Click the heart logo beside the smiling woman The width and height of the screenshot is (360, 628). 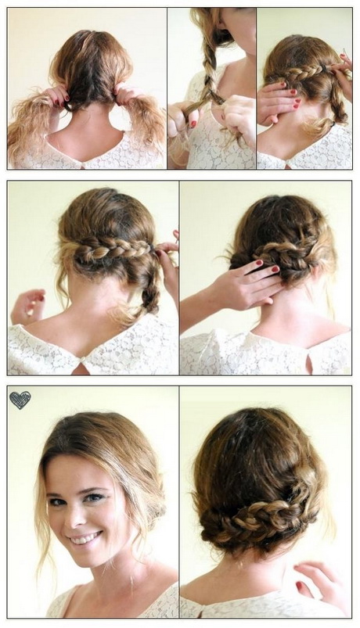click(20, 400)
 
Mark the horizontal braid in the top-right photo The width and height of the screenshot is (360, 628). click(301, 75)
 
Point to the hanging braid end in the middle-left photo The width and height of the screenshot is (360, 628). click(147, 293)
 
